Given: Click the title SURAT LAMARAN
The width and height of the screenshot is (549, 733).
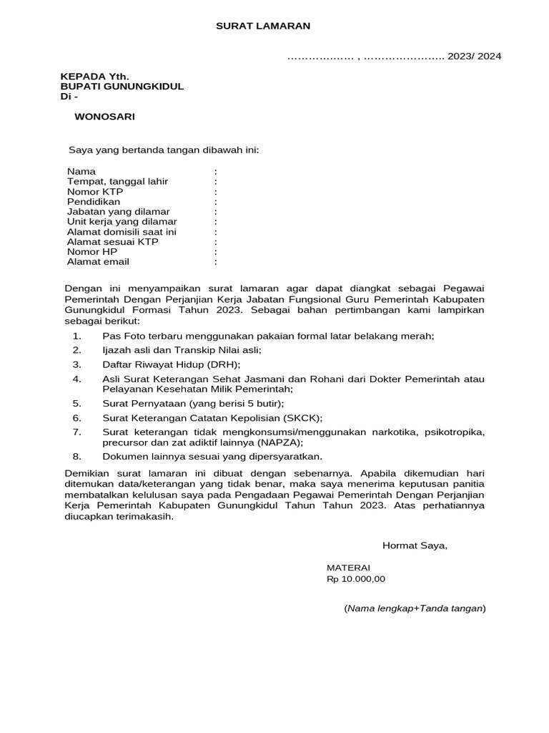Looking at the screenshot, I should [264, 26].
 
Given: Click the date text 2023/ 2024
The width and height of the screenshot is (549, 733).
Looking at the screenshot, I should [475, 57].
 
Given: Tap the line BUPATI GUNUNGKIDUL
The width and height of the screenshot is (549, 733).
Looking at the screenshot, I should [122, 87].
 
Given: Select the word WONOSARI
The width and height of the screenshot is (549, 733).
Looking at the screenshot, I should [104, 117].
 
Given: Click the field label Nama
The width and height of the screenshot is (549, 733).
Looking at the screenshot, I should [81, 172].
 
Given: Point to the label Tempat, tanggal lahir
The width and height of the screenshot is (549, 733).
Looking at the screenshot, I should [117, 182].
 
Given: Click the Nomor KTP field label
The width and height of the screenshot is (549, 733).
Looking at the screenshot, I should [95, 192].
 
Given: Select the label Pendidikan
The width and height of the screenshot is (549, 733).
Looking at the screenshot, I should [94, 202].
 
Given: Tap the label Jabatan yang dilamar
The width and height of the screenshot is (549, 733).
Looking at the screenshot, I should [118, 212].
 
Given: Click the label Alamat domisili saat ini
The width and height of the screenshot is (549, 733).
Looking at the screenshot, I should [122, 232].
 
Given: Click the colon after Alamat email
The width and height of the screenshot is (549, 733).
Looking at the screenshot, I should [215, 262].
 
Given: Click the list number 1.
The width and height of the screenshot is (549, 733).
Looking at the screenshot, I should [77, 335].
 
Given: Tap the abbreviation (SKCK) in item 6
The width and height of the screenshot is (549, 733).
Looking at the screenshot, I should [303, 418].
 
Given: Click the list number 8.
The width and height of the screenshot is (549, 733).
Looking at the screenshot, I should [77, 456].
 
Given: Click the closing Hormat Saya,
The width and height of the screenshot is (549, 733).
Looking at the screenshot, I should [415, 545].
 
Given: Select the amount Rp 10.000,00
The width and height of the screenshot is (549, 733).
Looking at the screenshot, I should [355, 579].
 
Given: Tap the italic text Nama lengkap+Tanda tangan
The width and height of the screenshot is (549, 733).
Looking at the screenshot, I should [415, 608].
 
